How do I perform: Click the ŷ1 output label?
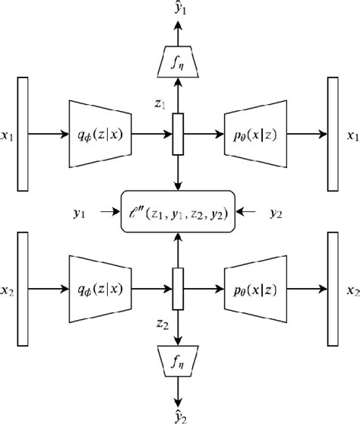click(x=180, y=11)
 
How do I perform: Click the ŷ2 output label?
click(x=180, y=414)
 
